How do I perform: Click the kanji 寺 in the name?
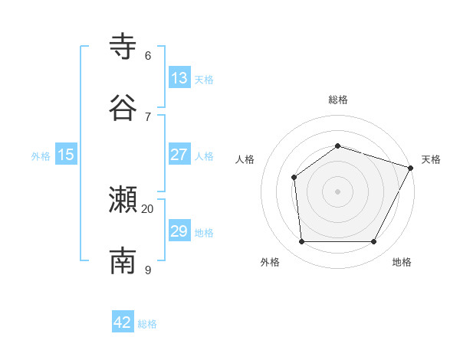click(x=123, y=47)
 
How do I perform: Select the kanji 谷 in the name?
click(x=123, y=107)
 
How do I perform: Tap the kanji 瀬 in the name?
click(x=123, y=201)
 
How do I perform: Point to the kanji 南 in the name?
click(x=123, y=261)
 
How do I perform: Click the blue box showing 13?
click(x=179, y=78)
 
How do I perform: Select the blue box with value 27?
click(x=179, y=155)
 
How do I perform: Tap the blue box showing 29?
click(x=179, y=231)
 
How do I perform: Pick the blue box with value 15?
click(x=66, y=155)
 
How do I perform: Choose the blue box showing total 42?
click(x=123, y=322)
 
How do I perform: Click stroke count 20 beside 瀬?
click(x=148, y=208)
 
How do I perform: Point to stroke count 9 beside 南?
click(x=148, y=270)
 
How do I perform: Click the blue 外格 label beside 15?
click(x=41, y=155)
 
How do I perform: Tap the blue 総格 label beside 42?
click(x=147, y=323)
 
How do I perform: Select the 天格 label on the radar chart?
click(x=431, y=159)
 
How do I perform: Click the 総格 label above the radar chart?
click(x=337, y=100)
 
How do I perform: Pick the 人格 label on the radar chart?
click(x=245, y=159)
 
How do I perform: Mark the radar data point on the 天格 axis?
click(x=411, y=168)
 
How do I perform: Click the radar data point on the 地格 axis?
click(x=374, y=242)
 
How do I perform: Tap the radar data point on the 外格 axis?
click(x=301, y=242)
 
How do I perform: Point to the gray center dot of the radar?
click(x=337, y=191)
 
